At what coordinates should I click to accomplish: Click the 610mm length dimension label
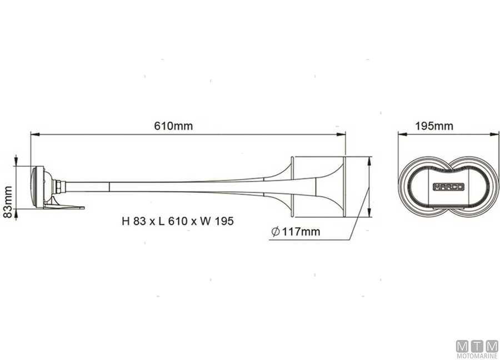173,126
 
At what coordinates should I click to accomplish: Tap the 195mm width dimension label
434,126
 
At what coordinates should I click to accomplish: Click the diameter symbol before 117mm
276,232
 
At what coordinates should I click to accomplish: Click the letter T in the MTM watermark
477,346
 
